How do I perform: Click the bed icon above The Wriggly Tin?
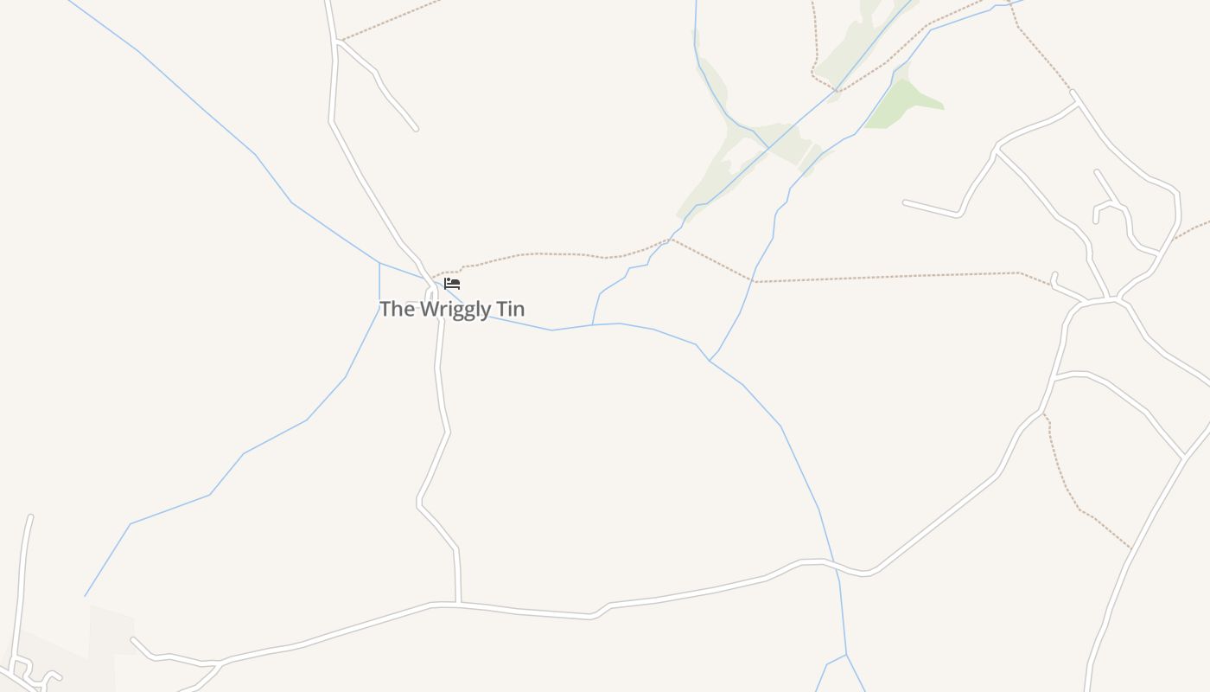pos(452,284)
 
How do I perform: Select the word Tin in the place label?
pos(510,309)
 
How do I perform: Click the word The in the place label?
pos(397,309)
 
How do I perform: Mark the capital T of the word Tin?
pos(500,309)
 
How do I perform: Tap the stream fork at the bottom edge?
pos(845,655)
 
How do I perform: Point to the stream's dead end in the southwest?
pos(85,596)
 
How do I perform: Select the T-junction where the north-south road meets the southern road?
pos(458,603)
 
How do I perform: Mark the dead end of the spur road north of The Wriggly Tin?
pos(416,129)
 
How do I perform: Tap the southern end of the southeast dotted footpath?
pos(1130,548)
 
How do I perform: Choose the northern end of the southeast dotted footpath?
pos(1043,413)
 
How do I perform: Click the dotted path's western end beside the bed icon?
pos(433,277)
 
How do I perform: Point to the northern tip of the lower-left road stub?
pos(30,517)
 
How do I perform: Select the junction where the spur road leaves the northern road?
pos(335,41)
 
